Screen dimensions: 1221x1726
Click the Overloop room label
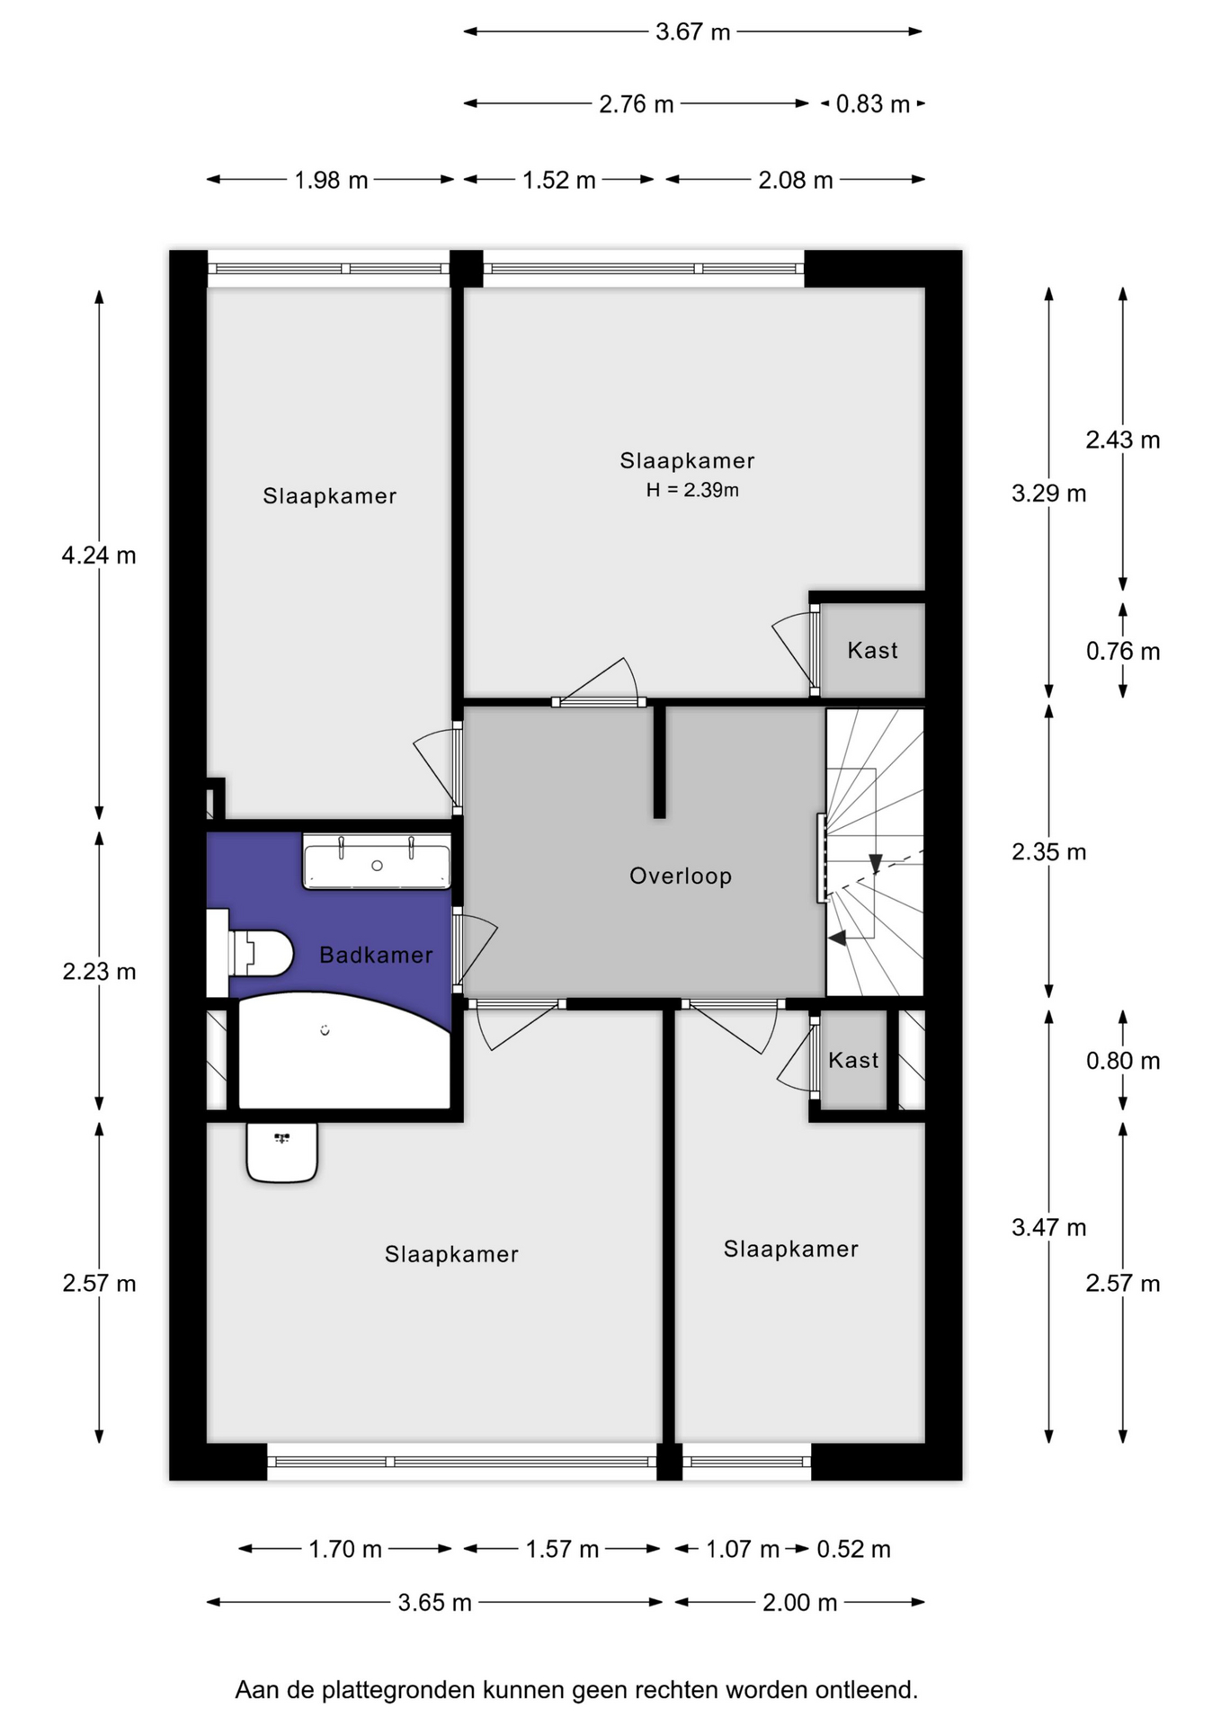pyautogui.click(x=681, y=876)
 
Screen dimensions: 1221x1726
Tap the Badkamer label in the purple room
pyautogui.click(x=376, y=955)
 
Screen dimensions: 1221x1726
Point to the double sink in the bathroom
pyautogui.click(x=377, y=861)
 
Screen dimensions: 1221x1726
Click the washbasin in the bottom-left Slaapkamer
pyautogui.click(x=282, y=1152)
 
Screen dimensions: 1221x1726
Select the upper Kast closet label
pyautogui.click(x=872, y=650)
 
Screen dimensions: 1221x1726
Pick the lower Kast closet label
pyautogui.click(x=853, y=1060)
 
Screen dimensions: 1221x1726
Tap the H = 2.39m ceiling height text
pyautogui.click(x=692, y=490)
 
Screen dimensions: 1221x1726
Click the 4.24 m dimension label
pyautogui.click(x=99, y=556)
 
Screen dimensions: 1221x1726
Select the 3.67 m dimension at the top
pyautogui.click(x=692, y=31)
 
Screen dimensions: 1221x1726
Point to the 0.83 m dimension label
pyautogui.click(x=873, y=104)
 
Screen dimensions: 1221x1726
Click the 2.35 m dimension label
pyautogui.click(x=1048, y=851)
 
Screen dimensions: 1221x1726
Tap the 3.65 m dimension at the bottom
pyautogui.click(x=434, y=1602)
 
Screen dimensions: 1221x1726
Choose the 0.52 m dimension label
pyautogui.click(x=853, y=1549)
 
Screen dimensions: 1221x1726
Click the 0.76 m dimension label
pyautogui.click(x=1123, y=651)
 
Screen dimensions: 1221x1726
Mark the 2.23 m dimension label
pyautogui.click(x=99, y=971)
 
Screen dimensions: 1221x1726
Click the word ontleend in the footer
pyautogui.click(x=867, y=1690)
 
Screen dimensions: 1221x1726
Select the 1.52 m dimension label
pyautogui.click(x=559, y=180)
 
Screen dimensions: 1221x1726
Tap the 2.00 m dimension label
pyautogui.click(x=799, y=1602)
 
